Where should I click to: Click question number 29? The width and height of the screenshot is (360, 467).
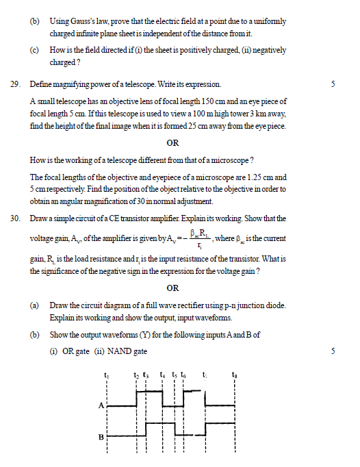tap(15, 84)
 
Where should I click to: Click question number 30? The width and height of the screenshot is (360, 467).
tap(15, 218)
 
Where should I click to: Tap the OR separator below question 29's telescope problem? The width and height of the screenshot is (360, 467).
tap(172, 142)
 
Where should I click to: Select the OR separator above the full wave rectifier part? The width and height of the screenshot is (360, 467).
tap(172, 288)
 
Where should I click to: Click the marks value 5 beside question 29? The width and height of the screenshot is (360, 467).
tap(332, 84)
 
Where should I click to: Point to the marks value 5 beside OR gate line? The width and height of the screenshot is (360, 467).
tap(332, 351)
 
